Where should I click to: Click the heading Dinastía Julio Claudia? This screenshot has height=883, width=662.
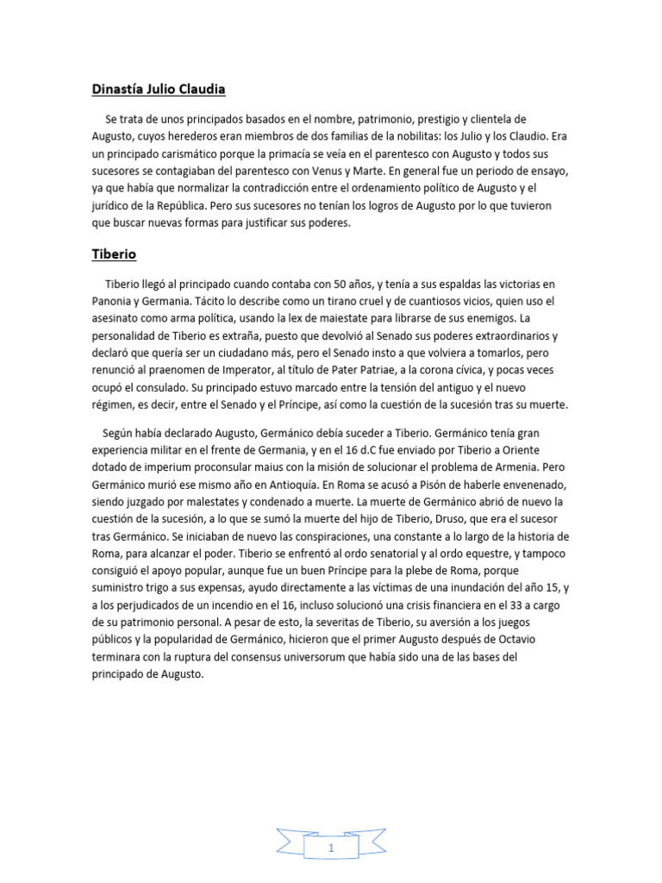click(159, 89)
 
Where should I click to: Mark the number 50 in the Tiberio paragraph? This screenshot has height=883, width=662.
click(340, 284)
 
